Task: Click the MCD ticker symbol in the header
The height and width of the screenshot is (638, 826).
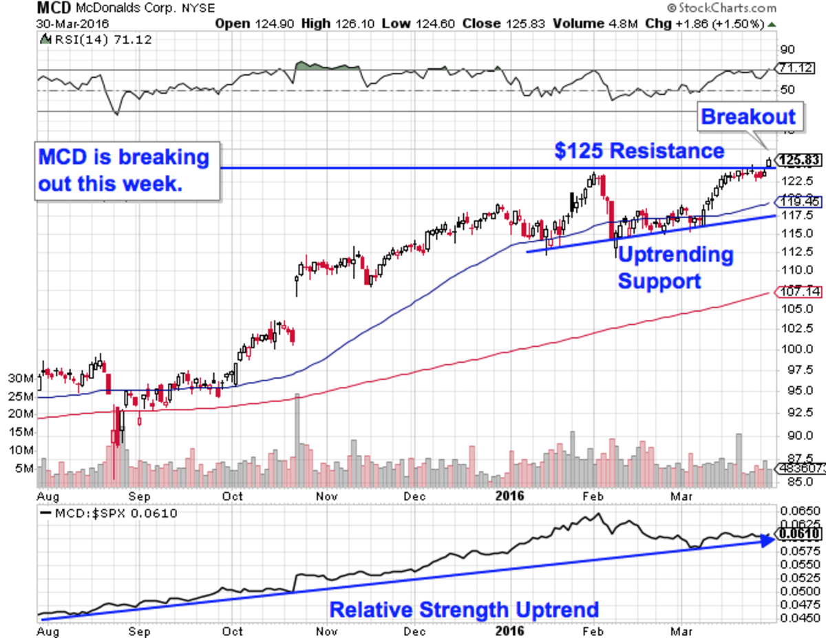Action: (x=52, y=9)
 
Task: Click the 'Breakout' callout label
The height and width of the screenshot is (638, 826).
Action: (x=748, y=116)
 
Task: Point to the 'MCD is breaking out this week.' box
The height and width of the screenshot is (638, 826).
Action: (x=127, y=171)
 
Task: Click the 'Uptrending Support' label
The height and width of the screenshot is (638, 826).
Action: (x=675, y=268)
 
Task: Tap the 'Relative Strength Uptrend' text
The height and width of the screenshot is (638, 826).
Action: (x=464, y=610)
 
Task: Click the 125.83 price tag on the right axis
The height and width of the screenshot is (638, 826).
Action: (x=798, y=160)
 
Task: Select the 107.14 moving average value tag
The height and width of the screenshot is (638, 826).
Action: (x=799, y=292)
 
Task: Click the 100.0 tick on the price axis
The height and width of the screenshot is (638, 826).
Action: (x=790, y=349)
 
